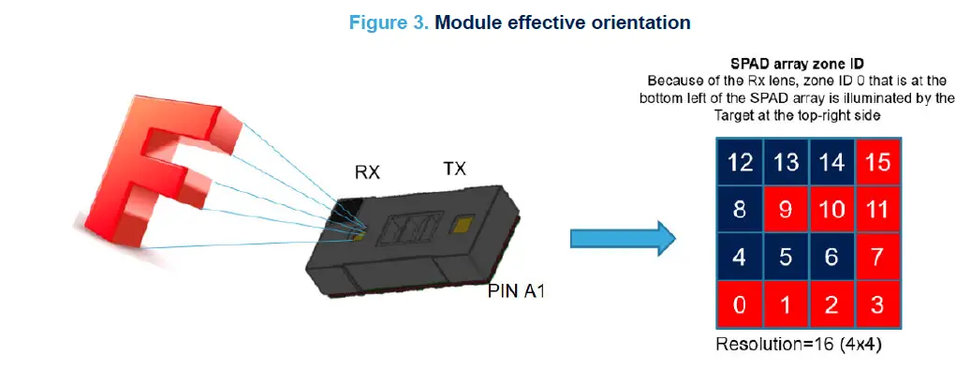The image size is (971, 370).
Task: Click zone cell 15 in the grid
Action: point(877,162)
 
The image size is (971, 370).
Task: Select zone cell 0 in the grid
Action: point(740,304)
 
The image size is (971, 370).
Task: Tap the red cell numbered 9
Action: point(786,210)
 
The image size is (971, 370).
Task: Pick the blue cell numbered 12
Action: point(740,162)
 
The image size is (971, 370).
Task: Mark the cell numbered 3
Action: point(877,304)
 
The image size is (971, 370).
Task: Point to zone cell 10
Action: point(831,210)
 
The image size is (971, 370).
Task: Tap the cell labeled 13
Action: point(786,162)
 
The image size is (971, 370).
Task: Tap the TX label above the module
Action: point(453,169)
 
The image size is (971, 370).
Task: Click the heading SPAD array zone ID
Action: point(797,65)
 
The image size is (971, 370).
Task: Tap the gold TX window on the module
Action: point(461,224)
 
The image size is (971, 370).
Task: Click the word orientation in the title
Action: point(638,22)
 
